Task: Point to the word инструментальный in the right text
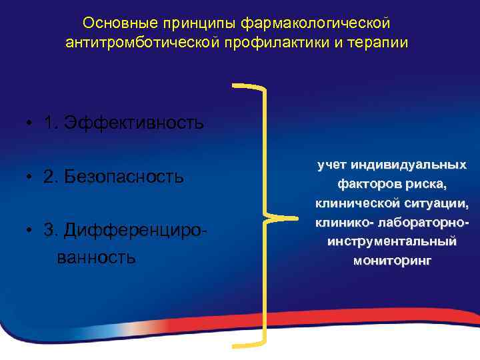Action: (392, 241)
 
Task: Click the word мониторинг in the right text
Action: (392, 260)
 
